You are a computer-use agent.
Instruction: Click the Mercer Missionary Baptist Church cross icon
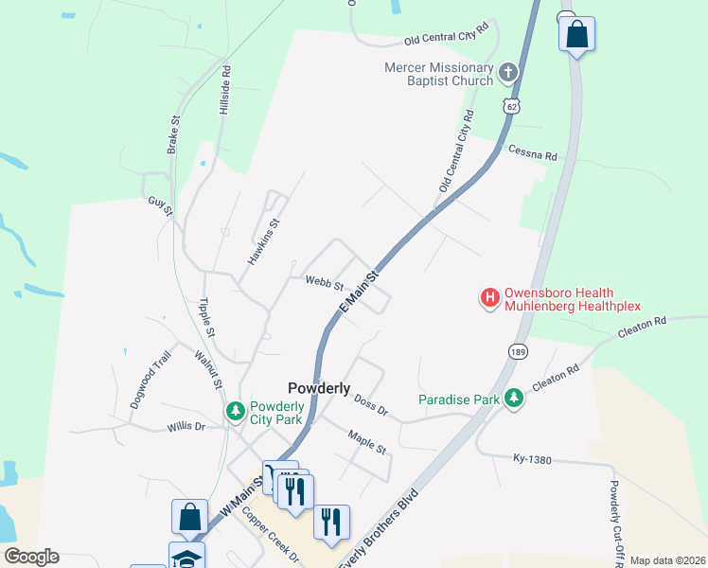[x=508, y=73]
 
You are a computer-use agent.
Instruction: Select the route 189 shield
[x=518, y=351]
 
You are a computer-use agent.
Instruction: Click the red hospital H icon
[x=490, y=299]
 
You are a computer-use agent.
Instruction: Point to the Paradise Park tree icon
[x=514, y=399]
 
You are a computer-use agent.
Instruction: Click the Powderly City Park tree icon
[x=235, y=412]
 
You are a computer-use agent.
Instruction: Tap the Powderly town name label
[x=319, y=388]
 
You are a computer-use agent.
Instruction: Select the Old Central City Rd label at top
[x=451, y=37]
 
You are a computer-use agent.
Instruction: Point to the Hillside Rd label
[x=225, y=91]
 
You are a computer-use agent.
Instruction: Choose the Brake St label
[x=173, y=135]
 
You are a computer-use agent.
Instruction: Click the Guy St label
[x=160, y=205]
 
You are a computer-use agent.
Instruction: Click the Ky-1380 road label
[x=532, y=457]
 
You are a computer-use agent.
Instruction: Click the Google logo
[x=31, y=557]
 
